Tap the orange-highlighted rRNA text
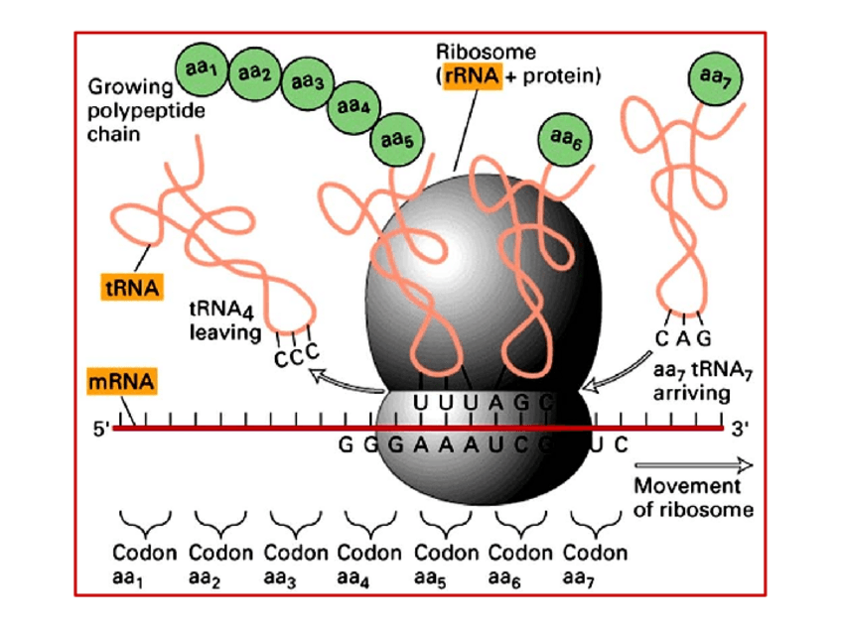click(x=472, y=75)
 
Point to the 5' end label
click(x=100, y=431)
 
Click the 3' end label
click(x=741, y=430)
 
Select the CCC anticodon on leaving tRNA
click(x=297, y=355)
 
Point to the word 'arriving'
click(x=690, y=393)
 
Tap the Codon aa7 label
click(x=595, y=564)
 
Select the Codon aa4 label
click(x=369, y=564)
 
